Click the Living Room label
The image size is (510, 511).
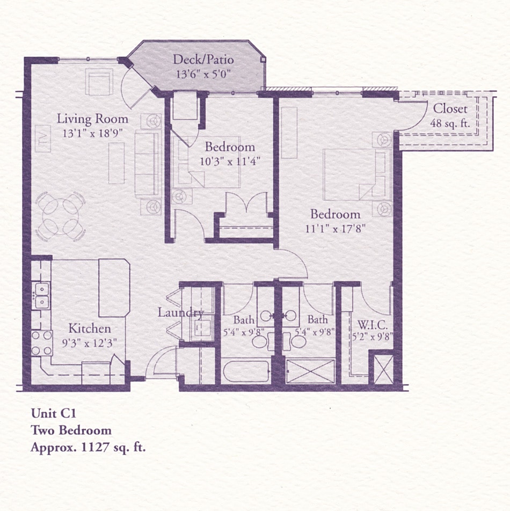(93, 119)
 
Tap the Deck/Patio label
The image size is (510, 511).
(203, 60)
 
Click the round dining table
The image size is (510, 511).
(61, 217)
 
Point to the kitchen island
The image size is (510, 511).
(114, 288)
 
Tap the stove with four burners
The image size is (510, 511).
(41, 343)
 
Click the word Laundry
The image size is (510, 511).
(180, 312)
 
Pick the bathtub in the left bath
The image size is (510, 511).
(246, 371)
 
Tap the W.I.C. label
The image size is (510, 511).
(373, 325)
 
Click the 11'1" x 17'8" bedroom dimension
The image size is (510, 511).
(335, 228)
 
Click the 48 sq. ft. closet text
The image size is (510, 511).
(450, 123)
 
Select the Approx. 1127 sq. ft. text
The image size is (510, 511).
(88, 447)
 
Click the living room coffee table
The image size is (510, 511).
(116, 163)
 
